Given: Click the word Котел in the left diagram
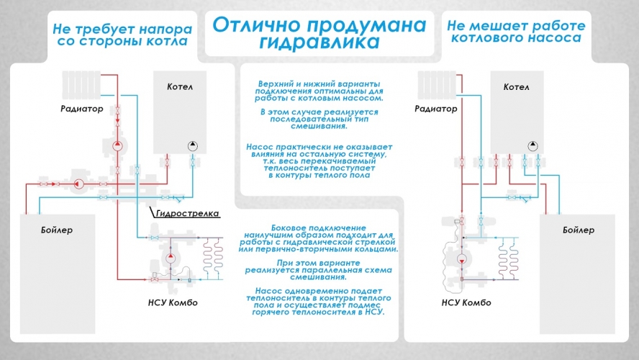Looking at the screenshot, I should (180, 86).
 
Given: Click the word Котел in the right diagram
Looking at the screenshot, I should (516, 86).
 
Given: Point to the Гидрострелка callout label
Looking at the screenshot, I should (185, 214).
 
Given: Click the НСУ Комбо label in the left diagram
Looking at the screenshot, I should (173, 302).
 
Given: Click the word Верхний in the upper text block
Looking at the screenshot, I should (274, 84).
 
